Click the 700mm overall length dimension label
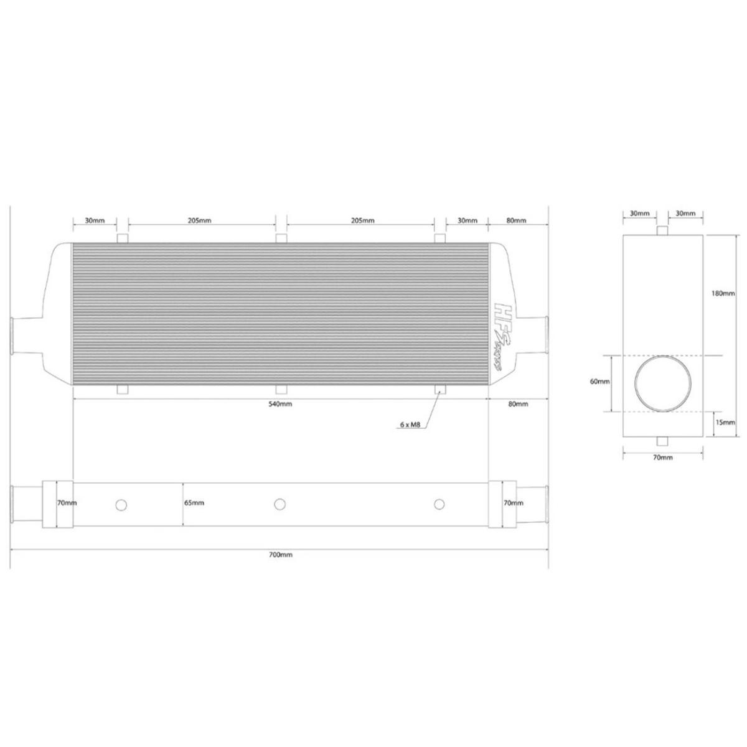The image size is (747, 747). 280,555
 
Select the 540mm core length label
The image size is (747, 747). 280,404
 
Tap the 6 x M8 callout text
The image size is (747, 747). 410,425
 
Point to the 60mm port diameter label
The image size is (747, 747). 599,382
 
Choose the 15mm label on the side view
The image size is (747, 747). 725,422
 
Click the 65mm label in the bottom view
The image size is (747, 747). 194,503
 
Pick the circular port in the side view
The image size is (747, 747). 662,385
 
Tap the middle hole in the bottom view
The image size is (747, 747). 280,504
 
